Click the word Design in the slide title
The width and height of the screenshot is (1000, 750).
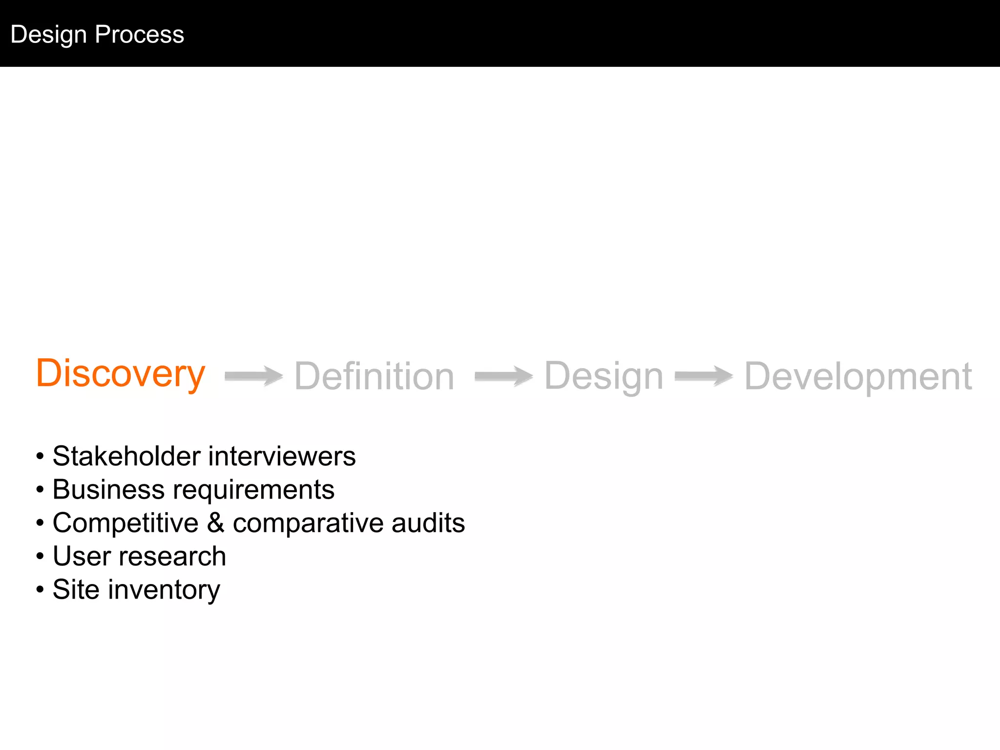click(48, 35)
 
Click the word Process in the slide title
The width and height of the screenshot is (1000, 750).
click(140, 34)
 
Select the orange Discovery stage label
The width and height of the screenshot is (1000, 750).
click(121, 374)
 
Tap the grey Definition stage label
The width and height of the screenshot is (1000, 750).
click(374, 376)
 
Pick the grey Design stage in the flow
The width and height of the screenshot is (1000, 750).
click(604, 376)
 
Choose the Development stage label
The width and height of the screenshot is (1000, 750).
click(858, 376)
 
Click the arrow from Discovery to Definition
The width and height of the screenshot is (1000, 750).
click(253, 376)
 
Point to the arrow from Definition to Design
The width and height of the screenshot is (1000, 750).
click(503, 376)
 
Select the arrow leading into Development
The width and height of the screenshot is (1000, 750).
click(704, 376)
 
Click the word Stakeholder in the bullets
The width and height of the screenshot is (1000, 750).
click(126, 456)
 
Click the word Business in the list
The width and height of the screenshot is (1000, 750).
click(108, 489)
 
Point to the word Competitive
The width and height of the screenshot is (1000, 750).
click(125, 523)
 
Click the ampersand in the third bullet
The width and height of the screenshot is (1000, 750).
click(215, 522)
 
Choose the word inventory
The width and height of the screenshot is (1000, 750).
click(164, 590)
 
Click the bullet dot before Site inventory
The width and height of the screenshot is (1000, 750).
click(40, 589)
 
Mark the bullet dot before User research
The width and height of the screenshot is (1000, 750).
click(40, 556)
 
